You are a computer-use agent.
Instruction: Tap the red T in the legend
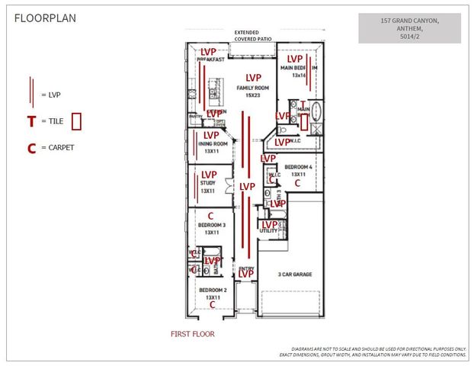31,121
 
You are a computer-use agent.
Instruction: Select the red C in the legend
31,148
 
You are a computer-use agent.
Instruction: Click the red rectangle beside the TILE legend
77,120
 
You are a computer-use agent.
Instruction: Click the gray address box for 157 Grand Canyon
409,27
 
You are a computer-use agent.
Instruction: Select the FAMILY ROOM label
254,88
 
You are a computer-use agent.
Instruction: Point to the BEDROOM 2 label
213,291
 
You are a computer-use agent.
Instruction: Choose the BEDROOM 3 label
213,226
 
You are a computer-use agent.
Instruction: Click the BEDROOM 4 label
297,167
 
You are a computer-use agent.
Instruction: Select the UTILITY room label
268,230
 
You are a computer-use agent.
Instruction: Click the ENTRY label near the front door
245,269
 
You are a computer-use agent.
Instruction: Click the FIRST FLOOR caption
193,335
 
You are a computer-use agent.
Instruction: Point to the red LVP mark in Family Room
254,78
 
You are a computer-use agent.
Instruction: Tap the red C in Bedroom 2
213,304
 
